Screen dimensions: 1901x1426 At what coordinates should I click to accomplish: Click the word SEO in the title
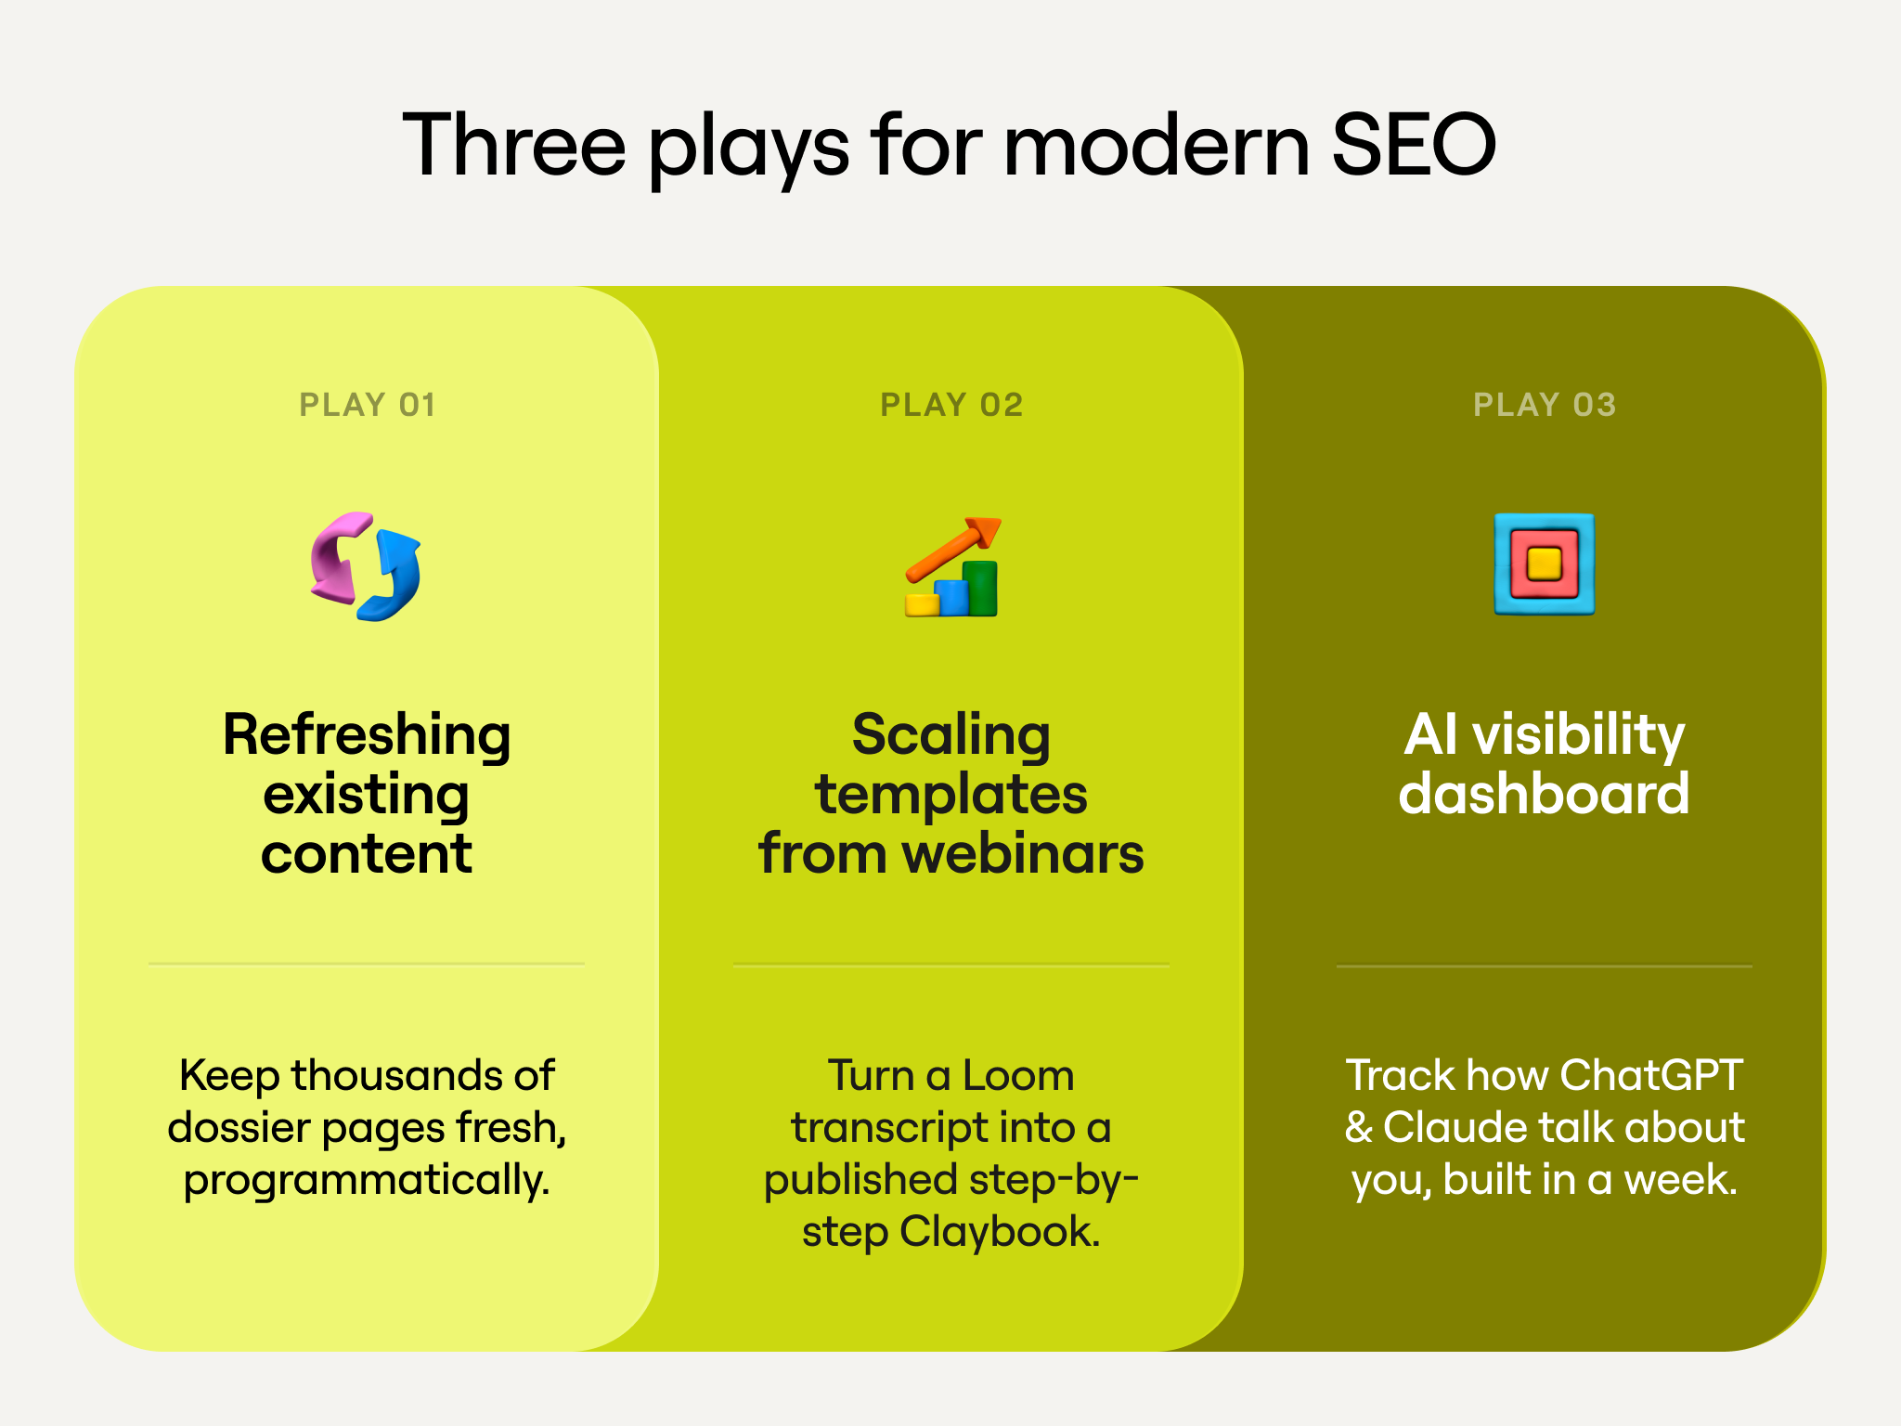pyautogui.click(x=1413, y=145)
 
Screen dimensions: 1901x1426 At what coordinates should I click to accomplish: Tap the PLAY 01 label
pyautogui.click(x=368, y=405)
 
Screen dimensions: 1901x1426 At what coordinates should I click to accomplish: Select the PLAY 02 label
pyautogui.click(x=951, y=405)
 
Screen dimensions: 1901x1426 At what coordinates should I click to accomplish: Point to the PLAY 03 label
pyautogui.click(x=1545, y=405)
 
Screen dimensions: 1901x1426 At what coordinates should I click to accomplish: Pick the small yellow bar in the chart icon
pyautogui.click(x=923, y=604)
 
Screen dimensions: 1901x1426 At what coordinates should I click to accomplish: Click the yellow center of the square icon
pyautogui.click(x=1545, y=564)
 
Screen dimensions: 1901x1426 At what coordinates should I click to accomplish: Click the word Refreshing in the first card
pyautogui.click(x=367, y=735)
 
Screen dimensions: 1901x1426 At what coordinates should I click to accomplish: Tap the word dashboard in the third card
pyautogui.click(x=1544, y=795)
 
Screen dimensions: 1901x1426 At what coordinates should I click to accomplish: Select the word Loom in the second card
pyautogui.click(x=1017, y=1076)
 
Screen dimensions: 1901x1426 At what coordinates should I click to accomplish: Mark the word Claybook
pyautogui.click(x=1000, y=1232)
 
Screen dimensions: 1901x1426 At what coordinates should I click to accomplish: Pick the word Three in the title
pyautogui.click(x=513, y=145)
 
